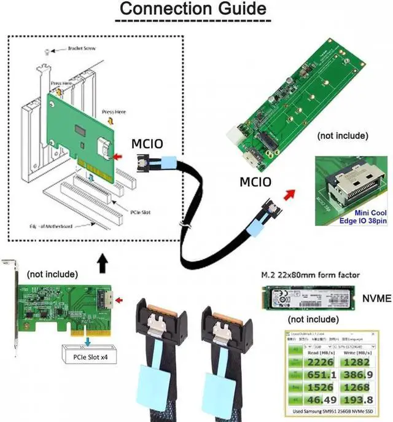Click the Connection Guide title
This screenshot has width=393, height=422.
[193, 9]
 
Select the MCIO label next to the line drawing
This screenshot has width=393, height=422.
[147, 145]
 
